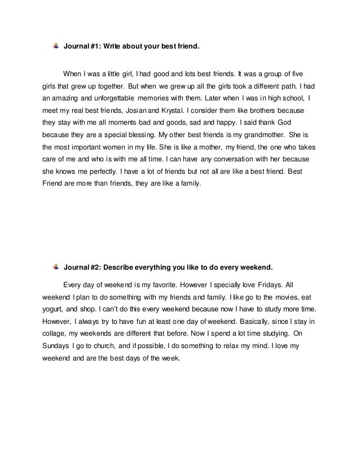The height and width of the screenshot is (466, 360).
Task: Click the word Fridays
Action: [264, 284]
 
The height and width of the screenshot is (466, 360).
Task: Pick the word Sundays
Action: [55, 346]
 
